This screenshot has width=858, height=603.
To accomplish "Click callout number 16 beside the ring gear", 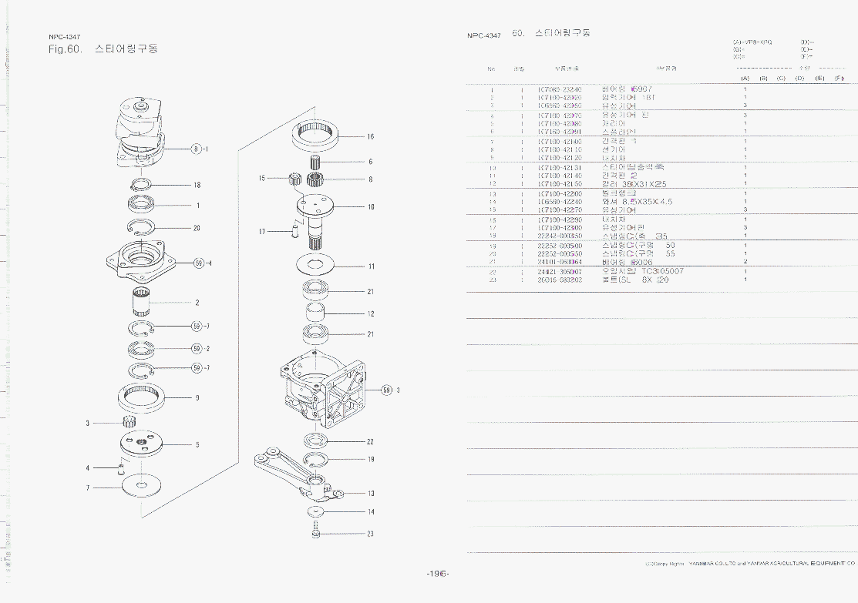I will tap(370, 137).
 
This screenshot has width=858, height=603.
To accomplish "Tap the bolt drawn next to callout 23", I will tap(315, 533).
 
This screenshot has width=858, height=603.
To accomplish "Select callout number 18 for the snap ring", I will tap(197, 186).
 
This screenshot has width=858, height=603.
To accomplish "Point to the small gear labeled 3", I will tap(130, 422).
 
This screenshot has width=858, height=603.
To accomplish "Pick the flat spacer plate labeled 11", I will tap(316, 265).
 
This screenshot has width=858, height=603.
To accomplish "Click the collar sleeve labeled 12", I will tap(315, 313).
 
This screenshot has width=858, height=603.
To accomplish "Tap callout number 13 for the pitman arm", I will tap(370, 494).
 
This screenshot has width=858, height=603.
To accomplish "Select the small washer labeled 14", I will tap(315, 511).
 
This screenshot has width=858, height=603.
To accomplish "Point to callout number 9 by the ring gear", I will tap(197, 398).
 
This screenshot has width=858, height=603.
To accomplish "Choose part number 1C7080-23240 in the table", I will tap(559, 89).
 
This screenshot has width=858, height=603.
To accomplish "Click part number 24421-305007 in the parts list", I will tap(559, 272).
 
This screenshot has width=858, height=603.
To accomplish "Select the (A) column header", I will tap(745, 79).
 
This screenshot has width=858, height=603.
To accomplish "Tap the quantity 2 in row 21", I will tap(745, 262).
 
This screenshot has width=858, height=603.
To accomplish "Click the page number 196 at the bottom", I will tap(438, 574).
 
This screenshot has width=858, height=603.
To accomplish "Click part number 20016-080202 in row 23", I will tap(559, 280).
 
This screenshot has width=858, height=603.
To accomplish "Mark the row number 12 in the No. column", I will tap(491, 184).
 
